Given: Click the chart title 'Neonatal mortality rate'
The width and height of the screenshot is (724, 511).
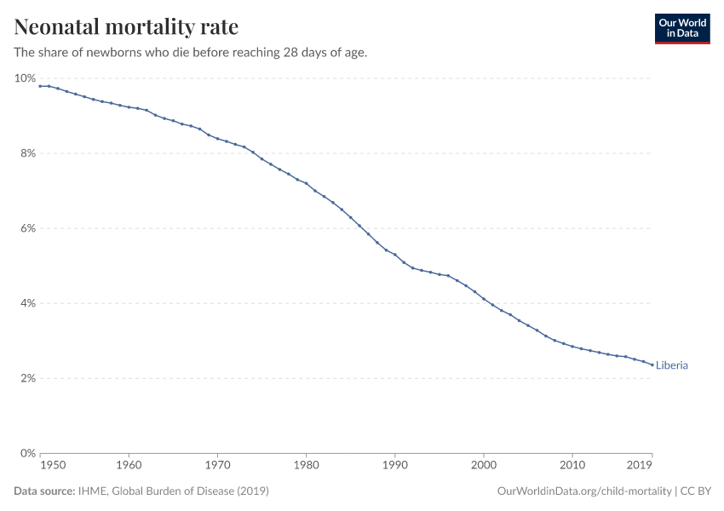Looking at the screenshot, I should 126,27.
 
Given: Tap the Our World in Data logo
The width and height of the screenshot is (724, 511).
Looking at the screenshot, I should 681,28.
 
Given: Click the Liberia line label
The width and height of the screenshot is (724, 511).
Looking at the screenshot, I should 672,365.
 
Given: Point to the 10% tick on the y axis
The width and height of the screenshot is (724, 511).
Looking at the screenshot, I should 25,78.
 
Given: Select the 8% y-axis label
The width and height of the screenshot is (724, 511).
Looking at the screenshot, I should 27,153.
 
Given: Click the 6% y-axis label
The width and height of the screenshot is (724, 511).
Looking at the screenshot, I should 27,228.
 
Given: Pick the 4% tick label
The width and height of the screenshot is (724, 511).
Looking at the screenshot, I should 27,303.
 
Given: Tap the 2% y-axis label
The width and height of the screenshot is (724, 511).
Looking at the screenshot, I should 27,378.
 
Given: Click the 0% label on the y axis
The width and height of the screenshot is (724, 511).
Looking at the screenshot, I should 27,453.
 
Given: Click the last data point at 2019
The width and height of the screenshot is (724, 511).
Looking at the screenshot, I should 652,365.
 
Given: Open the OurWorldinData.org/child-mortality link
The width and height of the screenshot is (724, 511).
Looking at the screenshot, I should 583,491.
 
